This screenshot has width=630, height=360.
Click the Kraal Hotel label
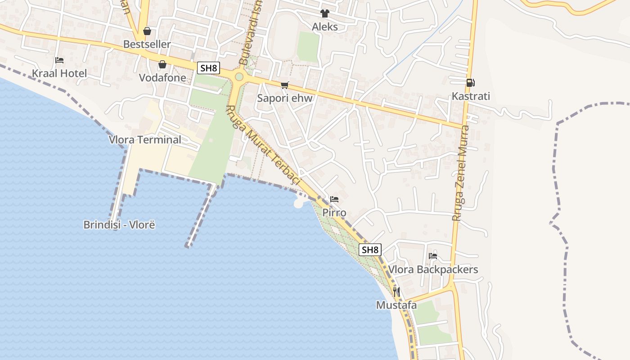point(59,73)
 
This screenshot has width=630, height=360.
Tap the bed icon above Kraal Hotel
point(59,60)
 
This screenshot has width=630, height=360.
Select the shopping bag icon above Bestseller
point(147,31)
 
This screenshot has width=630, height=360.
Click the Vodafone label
point(162,77)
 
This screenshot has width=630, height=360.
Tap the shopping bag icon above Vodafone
point(162,64)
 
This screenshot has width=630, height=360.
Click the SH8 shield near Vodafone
point(209,68)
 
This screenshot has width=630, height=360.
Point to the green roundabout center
point(239,76)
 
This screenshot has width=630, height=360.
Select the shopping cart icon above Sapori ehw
point(284,85)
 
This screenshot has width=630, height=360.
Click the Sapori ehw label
point(284,98)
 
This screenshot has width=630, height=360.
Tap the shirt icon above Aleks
point(324,13)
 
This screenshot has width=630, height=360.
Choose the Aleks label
point(324,27)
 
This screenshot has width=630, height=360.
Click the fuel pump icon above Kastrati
point(470,82)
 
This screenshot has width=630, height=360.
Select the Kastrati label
point(471,96)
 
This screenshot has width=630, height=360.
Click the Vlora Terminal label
point(145,139)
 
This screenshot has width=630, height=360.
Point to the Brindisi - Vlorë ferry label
point(119,225)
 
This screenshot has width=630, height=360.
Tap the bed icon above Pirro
point(334,199)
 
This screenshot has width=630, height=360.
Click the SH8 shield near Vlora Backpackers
point(370,250)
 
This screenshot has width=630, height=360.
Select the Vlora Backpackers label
point(433,269)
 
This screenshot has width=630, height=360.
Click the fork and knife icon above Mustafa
point(396,292)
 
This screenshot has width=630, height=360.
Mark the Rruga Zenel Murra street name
point(461,173)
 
